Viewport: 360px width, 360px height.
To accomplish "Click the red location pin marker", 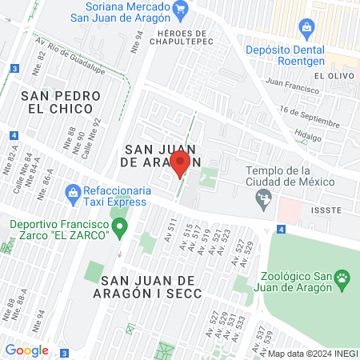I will [x=180, y=165].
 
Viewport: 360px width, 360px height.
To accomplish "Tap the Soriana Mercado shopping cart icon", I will [x=180, y=10].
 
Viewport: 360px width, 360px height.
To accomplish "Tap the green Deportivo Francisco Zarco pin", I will [x=120, y=230].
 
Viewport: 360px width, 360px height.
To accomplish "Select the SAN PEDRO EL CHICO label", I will [x=62, y=102].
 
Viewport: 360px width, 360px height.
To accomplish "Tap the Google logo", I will [x=26, y=350].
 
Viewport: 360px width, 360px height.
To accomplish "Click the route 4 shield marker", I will [x=282, y=230].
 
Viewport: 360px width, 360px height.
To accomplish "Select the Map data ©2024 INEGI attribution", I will [x=313, y=354].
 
